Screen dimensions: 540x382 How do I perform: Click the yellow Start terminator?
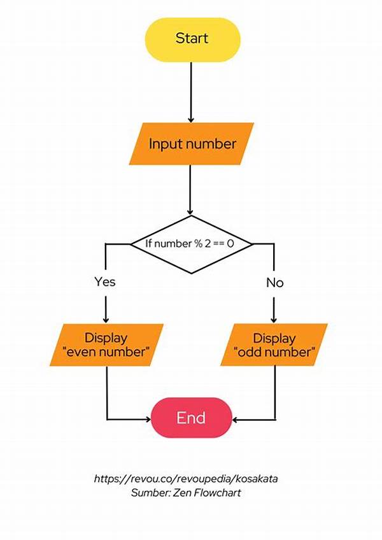click(x=192, y=38)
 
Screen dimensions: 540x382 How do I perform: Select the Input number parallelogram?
click(x=192, y=144)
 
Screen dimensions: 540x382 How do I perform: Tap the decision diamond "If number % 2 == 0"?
click(x=192, y=244)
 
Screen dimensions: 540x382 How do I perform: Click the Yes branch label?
click(x=105, y=281)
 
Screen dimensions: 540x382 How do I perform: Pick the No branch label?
click(x=275, y=282)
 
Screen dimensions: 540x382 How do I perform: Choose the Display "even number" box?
click(x=106, y=345)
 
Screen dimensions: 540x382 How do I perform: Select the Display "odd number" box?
click(x=275, y=345)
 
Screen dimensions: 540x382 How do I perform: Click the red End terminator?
click(x=191, y=418)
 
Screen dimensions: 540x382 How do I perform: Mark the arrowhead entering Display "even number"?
click(x=106, y=320)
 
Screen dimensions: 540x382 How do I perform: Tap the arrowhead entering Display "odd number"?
click(x=275, y=320)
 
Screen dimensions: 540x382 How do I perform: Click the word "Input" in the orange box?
click(x=162, y=144)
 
